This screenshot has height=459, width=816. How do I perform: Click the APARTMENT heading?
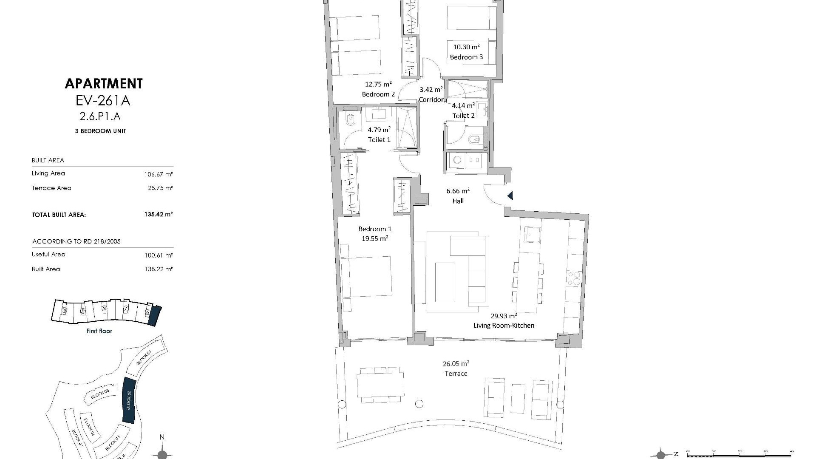point(104,84)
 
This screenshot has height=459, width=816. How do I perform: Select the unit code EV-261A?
point(102,101)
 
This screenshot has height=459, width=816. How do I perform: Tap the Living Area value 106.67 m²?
point(159,174)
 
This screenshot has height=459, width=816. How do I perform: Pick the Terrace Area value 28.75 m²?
point(160,188)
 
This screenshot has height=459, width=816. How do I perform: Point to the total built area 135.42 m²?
point(158,215)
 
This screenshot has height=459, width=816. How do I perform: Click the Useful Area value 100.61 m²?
point(159,255)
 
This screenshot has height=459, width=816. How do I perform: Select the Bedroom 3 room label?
point(466,57)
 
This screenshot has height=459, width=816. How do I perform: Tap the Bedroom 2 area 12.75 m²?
point(378,84)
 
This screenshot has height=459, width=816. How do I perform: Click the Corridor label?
point(431,100)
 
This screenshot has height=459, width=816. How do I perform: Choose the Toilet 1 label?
point(379,140)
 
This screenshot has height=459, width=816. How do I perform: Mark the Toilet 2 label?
point(463,116)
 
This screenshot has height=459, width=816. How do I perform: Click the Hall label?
point(458,201)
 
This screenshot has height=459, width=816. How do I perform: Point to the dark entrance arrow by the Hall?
point(510,196)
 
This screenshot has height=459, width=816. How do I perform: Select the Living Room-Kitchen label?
point(504,326)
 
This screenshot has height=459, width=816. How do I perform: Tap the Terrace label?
point(456,374)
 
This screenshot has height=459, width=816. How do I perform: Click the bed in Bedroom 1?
point(366,276)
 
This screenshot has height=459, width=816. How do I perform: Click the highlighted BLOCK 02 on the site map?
point(129,399)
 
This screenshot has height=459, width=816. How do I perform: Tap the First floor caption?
point(99,331)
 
